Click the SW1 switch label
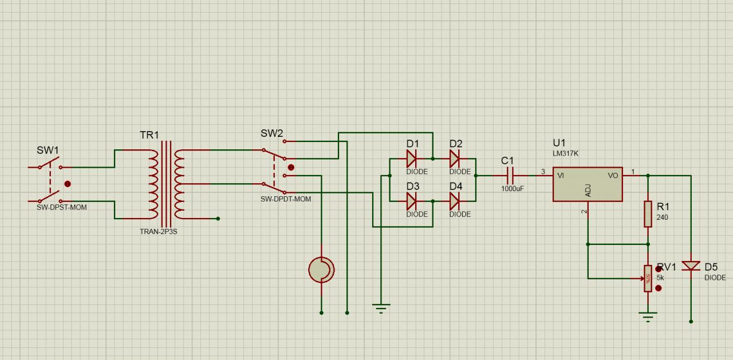click(48, 150)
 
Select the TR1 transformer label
click(149, 135)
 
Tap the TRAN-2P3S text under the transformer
click(159, 232)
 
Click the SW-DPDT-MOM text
click(286, 199)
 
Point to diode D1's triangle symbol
click(411, 159)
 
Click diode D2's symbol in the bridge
click(455, 159)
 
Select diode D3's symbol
click(411, 201)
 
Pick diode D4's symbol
click(455, 201)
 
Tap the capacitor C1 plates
click(511, 176)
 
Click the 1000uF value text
click(513, 188)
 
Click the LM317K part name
click(565, 154)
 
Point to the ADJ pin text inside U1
click(588, 191)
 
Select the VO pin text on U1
click(613, 176)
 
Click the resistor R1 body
click(648, 213)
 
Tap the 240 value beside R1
click(662, 217)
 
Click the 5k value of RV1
click(660, 278)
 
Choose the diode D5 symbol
click(691, 266)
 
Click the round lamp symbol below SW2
click(321, 270)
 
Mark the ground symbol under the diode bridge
click(381, 308)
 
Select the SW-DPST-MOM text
click(62, 207)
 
